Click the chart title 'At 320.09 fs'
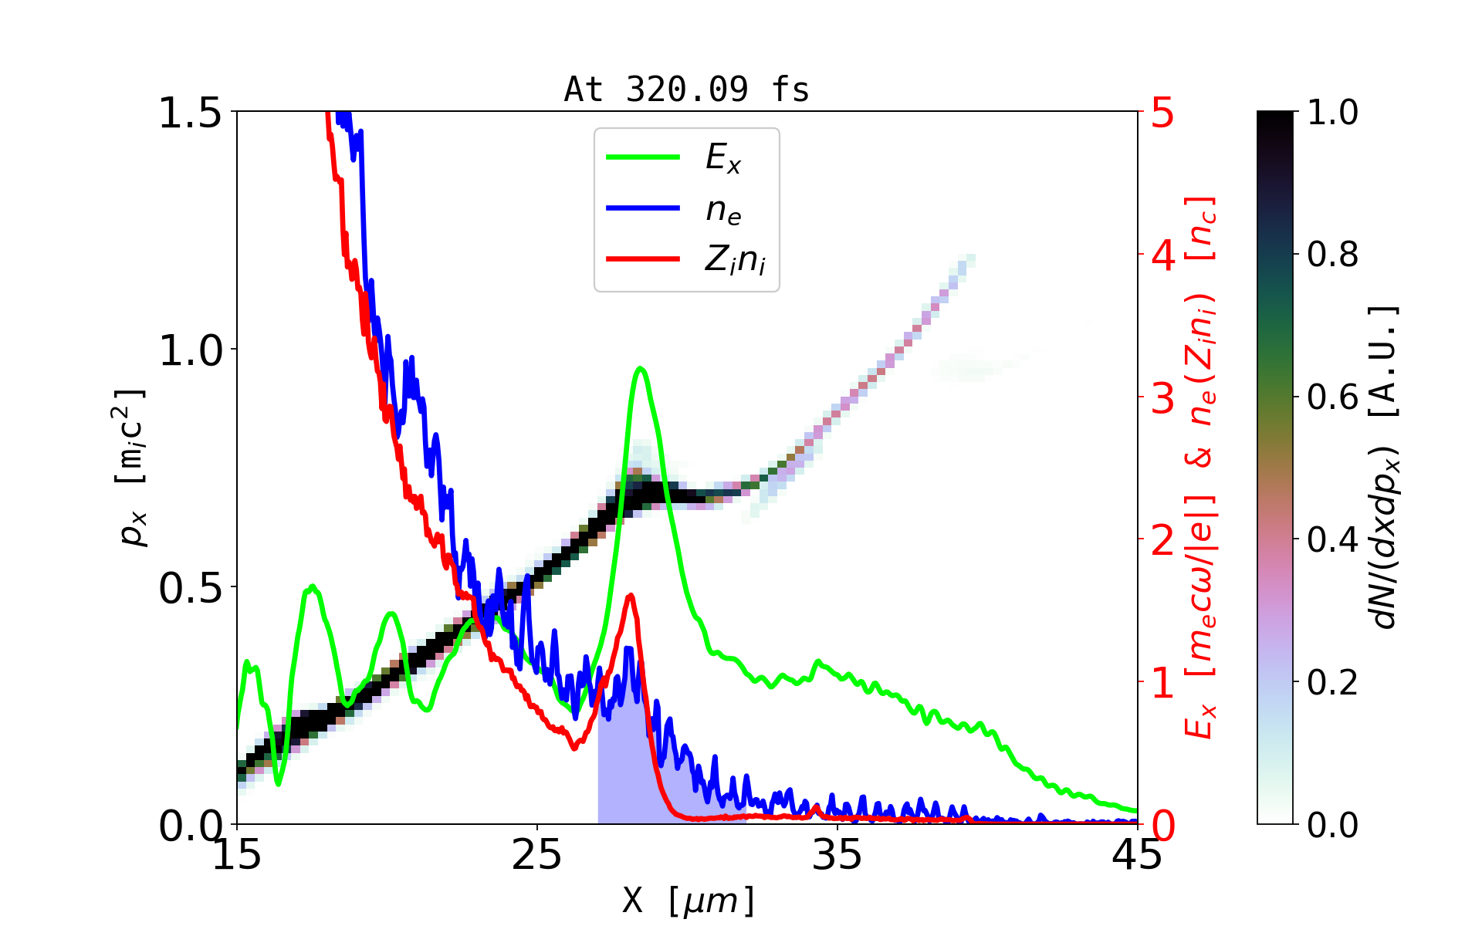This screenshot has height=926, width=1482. (x=686, y=90)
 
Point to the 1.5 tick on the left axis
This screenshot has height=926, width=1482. (x=190, y=113)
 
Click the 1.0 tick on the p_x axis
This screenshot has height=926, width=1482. (x=190, y=351)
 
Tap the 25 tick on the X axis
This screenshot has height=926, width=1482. (x=537, y=855)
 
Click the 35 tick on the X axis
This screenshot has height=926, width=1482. (x=837, y=855)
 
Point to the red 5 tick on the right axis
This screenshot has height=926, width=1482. (x=1162, y=113)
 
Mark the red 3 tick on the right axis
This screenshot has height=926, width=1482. (x=1162, y=398)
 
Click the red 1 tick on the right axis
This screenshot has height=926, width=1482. (x=1162, y=683)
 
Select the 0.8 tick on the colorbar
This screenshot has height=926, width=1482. (x=1332, y=255)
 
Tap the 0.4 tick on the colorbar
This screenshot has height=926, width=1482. (x=1332, y=540)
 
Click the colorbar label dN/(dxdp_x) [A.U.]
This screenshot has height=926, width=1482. (x=1385, y=467)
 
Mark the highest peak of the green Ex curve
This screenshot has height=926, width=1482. (x=640, y=368)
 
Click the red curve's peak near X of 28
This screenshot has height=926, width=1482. (x=631, y=595)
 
